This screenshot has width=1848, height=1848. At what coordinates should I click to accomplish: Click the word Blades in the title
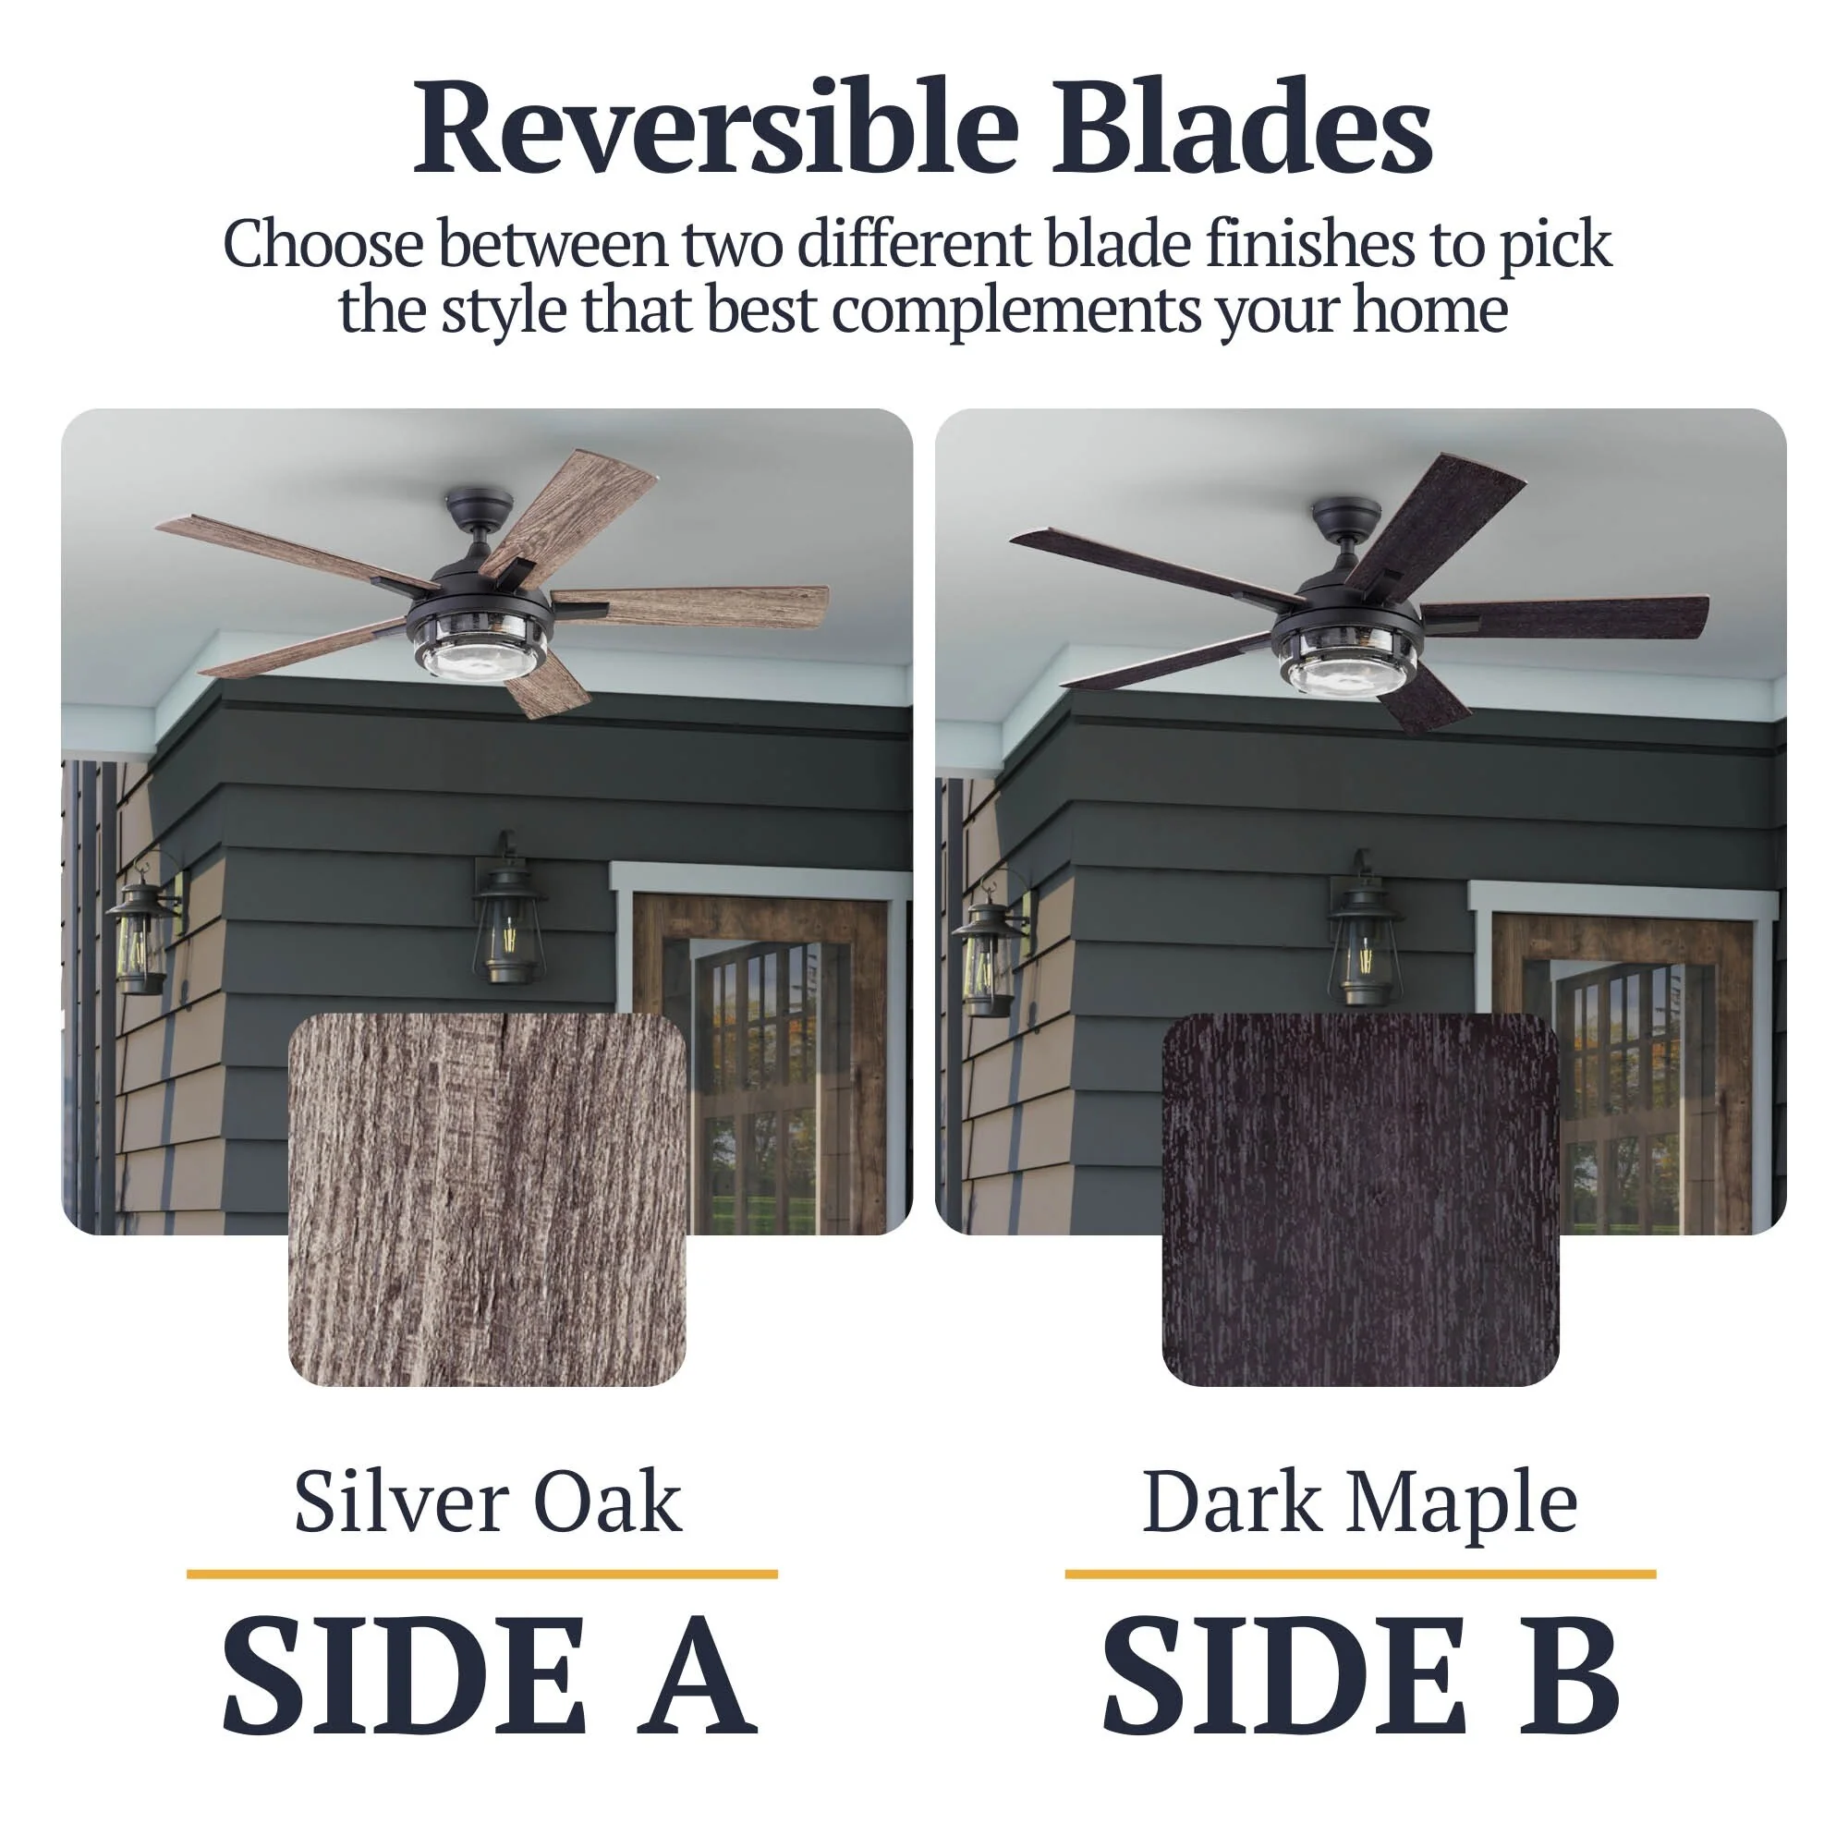[1243, 128]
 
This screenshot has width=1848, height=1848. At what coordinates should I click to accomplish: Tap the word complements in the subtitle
[1015, 311]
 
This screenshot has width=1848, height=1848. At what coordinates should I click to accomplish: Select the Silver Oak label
[487, 1501]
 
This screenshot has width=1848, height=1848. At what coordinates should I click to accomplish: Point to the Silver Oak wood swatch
[487, 1200]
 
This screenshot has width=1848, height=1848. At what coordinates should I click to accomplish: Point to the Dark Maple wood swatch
[1360, 1200]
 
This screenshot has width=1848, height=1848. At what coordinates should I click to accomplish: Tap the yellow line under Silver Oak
[482, 1574]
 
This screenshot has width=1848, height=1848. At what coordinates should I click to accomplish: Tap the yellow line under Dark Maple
[1360, 1574]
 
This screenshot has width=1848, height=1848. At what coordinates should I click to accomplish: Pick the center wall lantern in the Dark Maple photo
[1362, 928]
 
